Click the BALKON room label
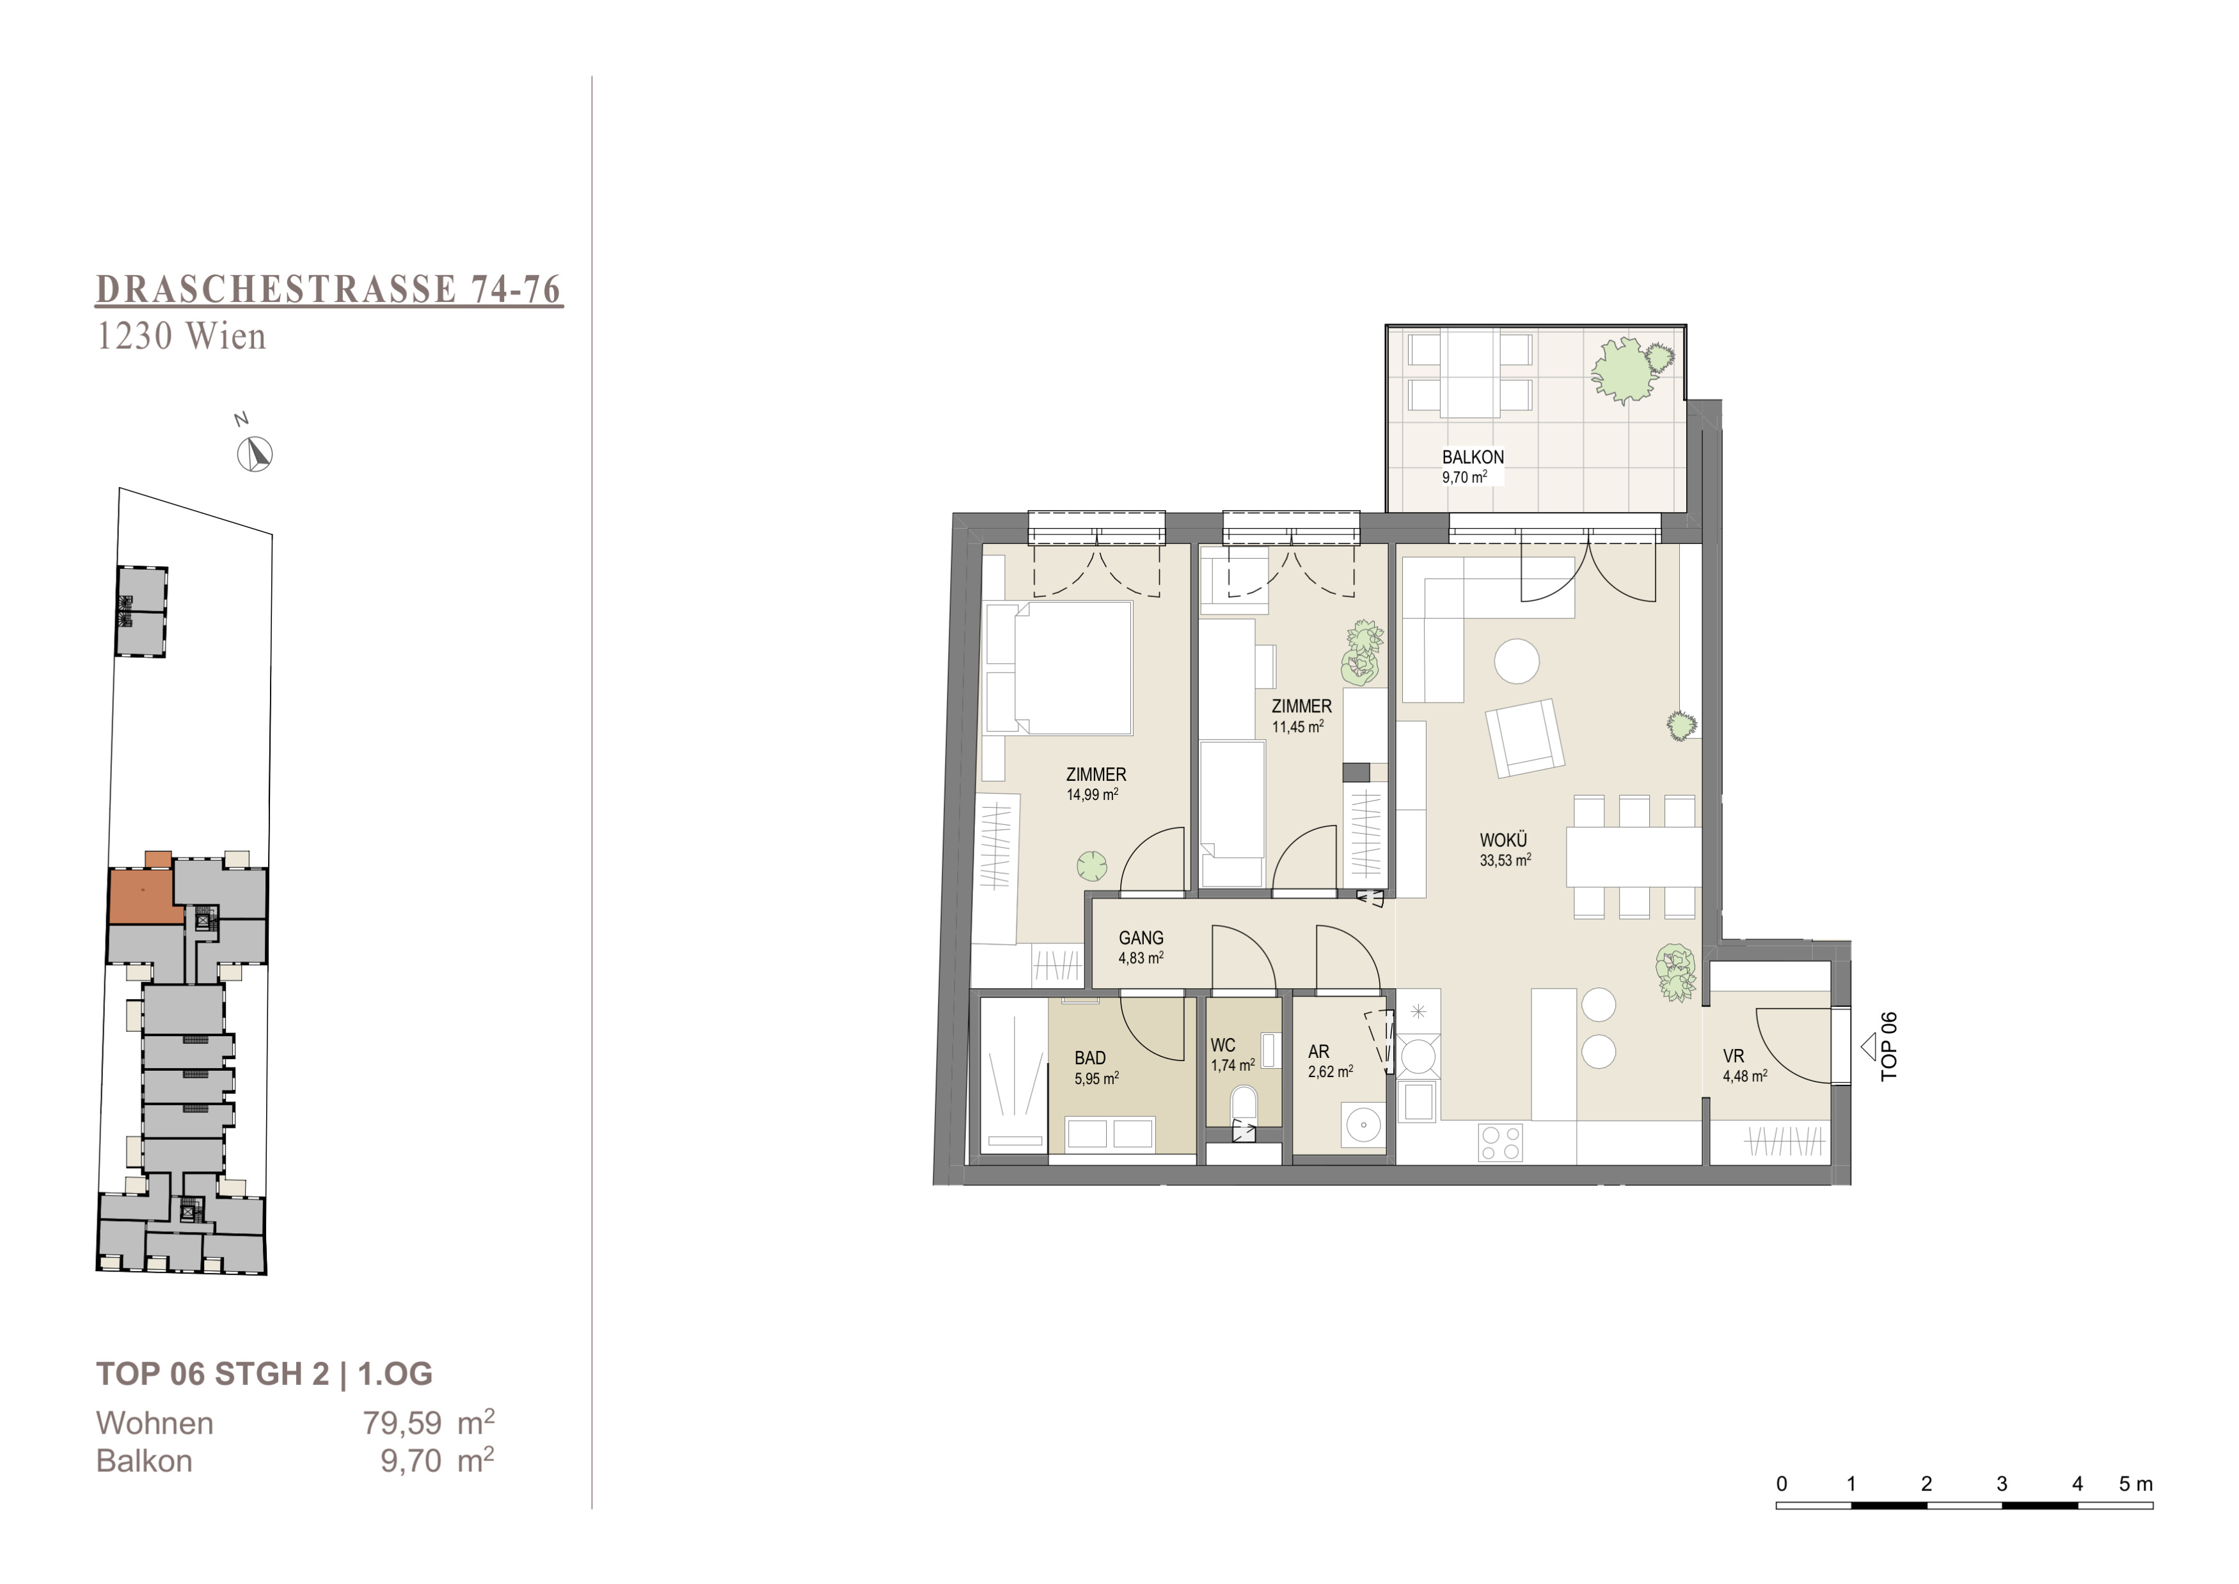(1473, 456)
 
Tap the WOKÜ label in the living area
(1503, 840)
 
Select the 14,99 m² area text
(1092, 794)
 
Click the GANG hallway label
(1141, 938)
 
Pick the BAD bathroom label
(1090, 1057)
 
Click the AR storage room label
(1318, 1052)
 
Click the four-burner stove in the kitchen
(1501, 1142)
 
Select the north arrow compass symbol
(255, 454)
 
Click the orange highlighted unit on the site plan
(143, 892)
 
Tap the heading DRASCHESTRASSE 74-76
(329, 290)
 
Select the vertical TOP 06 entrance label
(1889, 1046)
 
